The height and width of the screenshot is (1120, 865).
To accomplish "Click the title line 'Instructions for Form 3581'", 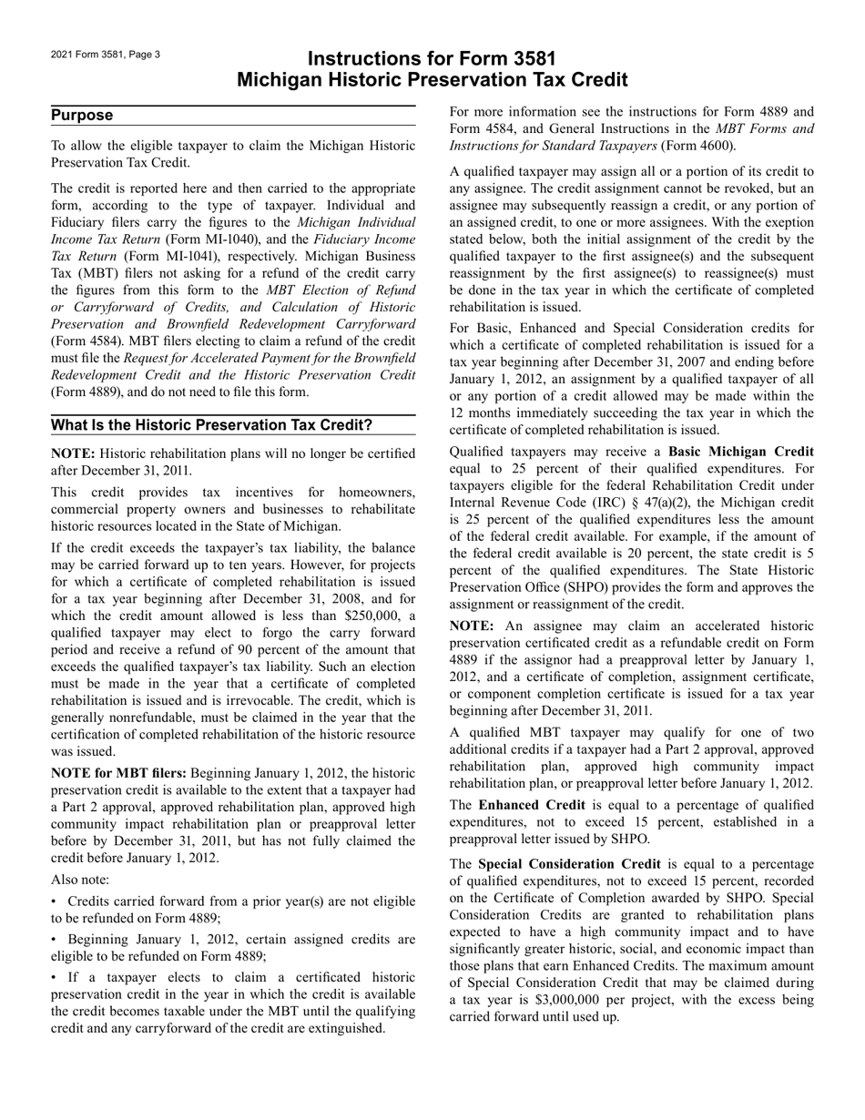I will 432,59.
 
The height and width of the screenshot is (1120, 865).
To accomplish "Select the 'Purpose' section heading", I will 82,115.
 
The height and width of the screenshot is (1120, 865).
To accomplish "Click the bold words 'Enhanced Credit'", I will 522,805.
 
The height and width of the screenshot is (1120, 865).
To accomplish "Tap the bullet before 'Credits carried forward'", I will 56,901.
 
